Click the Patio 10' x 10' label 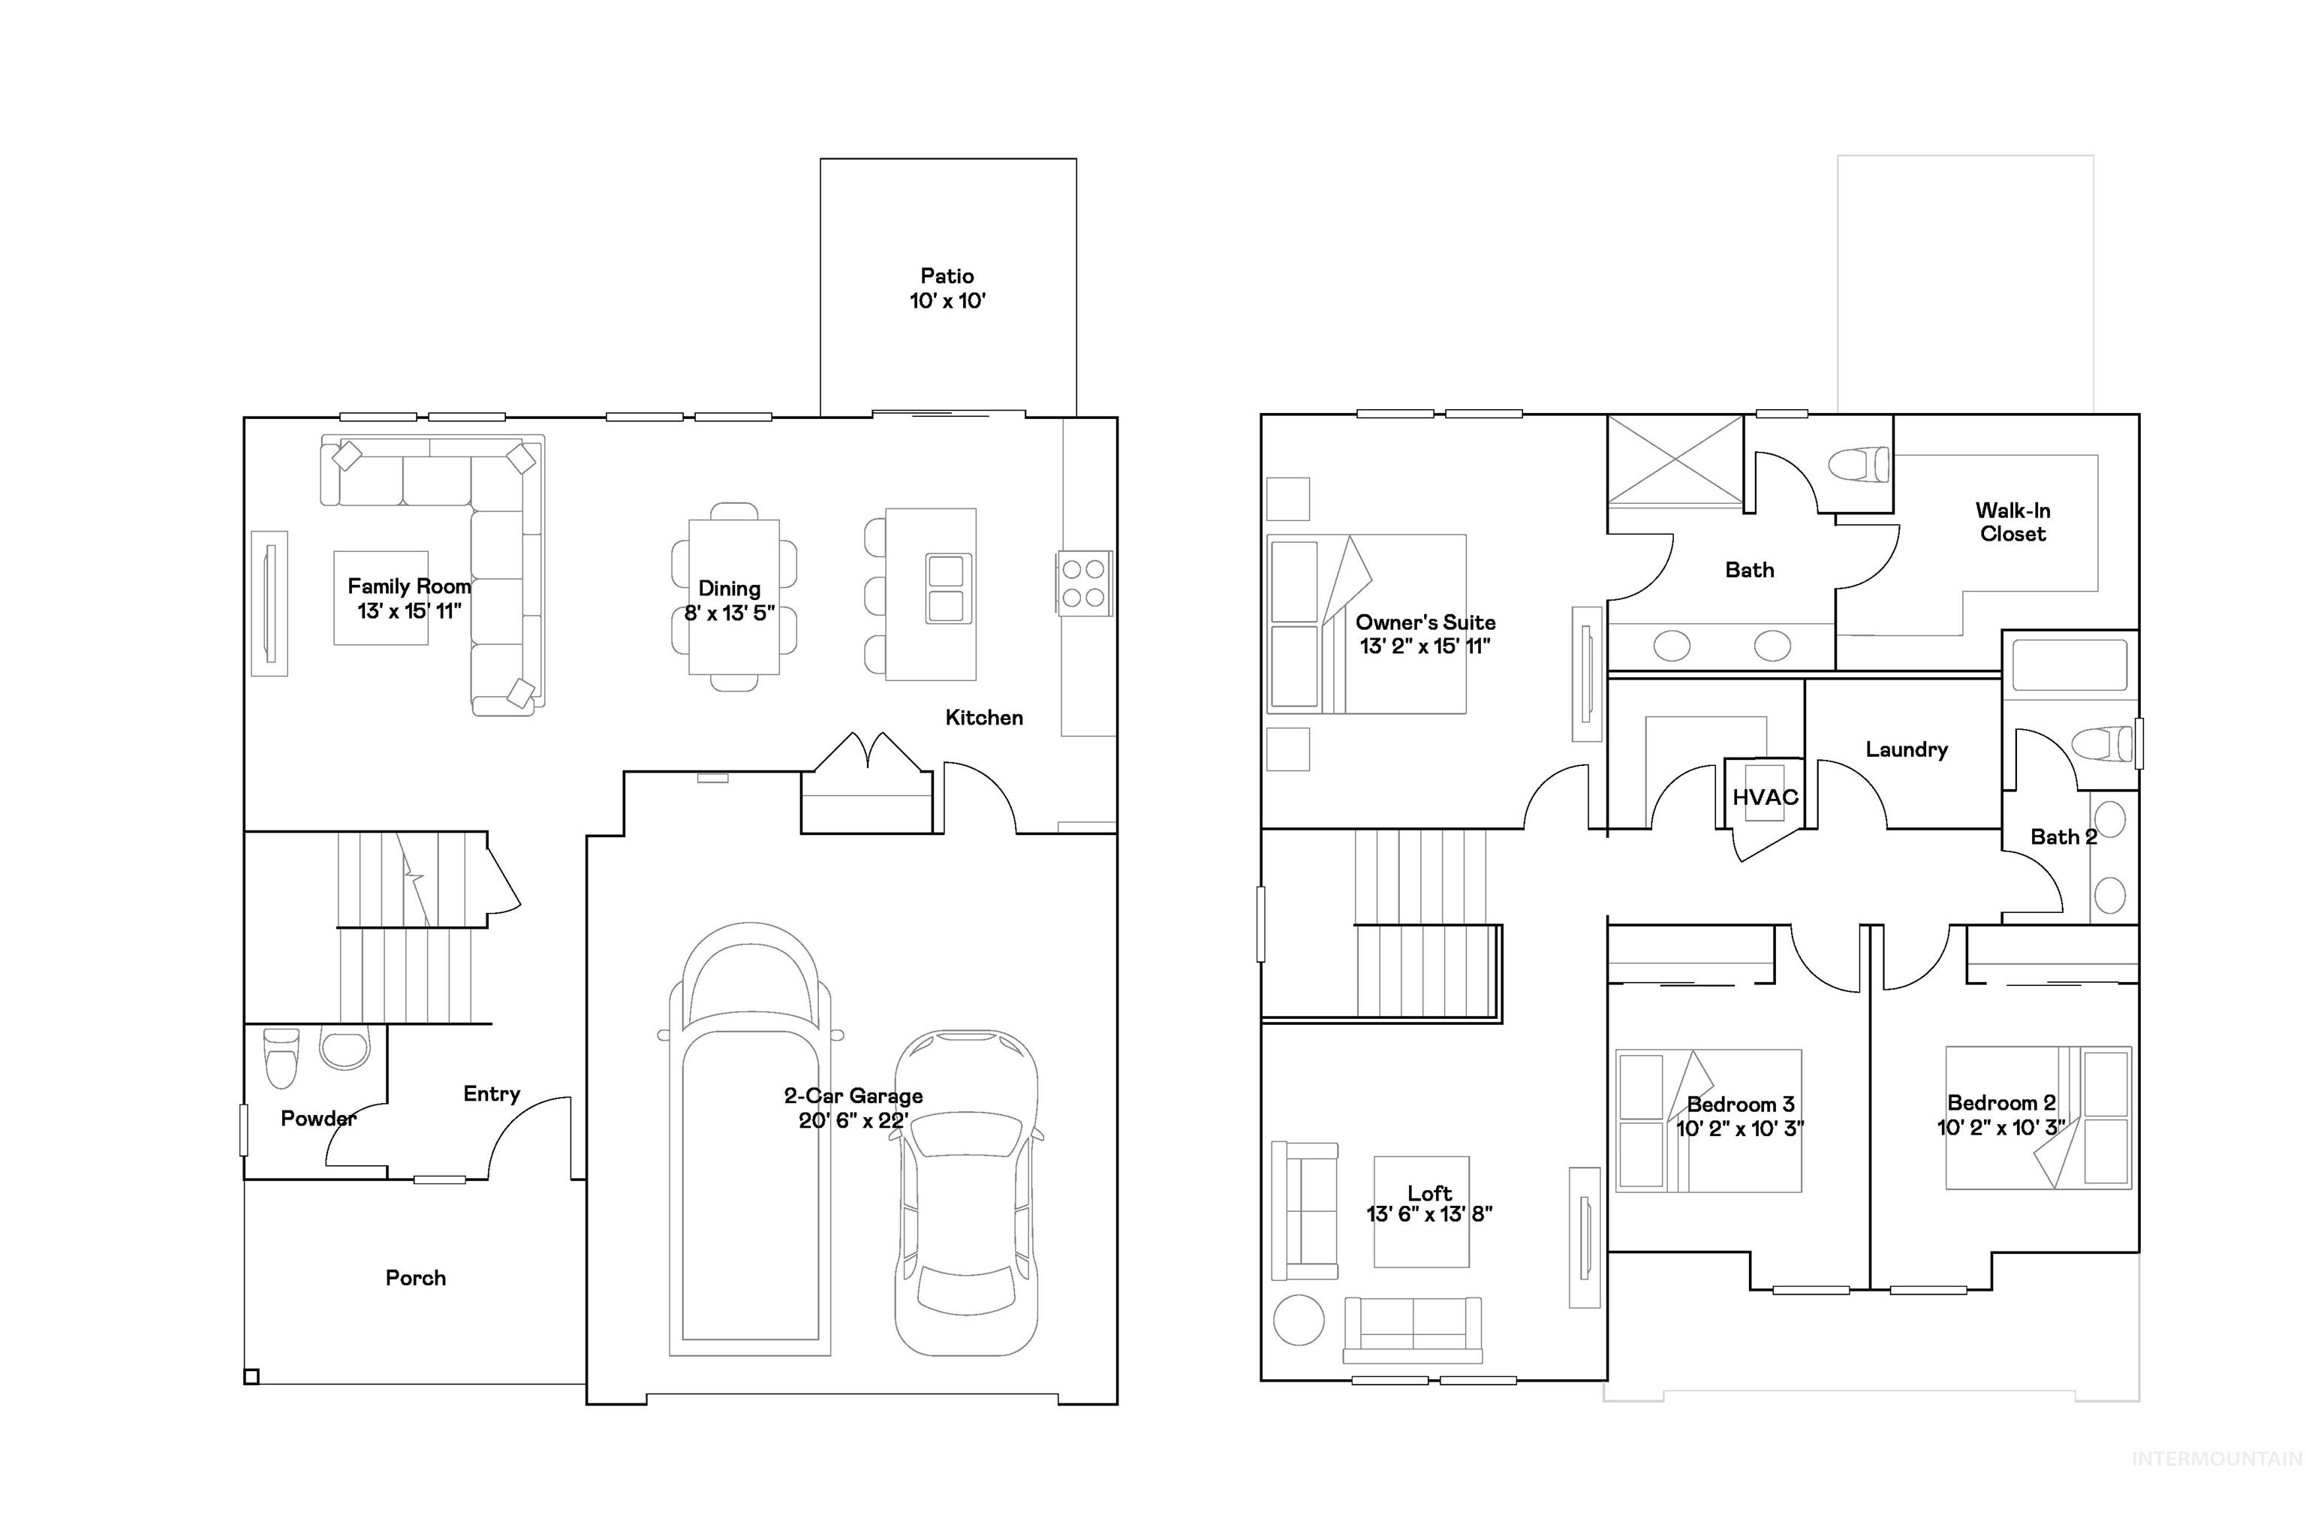(x=946, y=288)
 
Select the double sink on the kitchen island (x=947, y=588)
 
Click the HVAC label (x=1764, y=797)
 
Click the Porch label (x=416, y=1277)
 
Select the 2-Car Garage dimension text (x=853, y=1120)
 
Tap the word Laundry (x=1905, y=750)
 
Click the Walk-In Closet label (x=2012, y=522)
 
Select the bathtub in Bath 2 (x=2069, y=665)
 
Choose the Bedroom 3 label (x=1739, y=1105)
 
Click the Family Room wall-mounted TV (x=269, y=603)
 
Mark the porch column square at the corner (x=251, y=1376)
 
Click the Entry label (x=491, y=1093)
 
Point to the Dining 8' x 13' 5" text (x=729, y=601)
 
